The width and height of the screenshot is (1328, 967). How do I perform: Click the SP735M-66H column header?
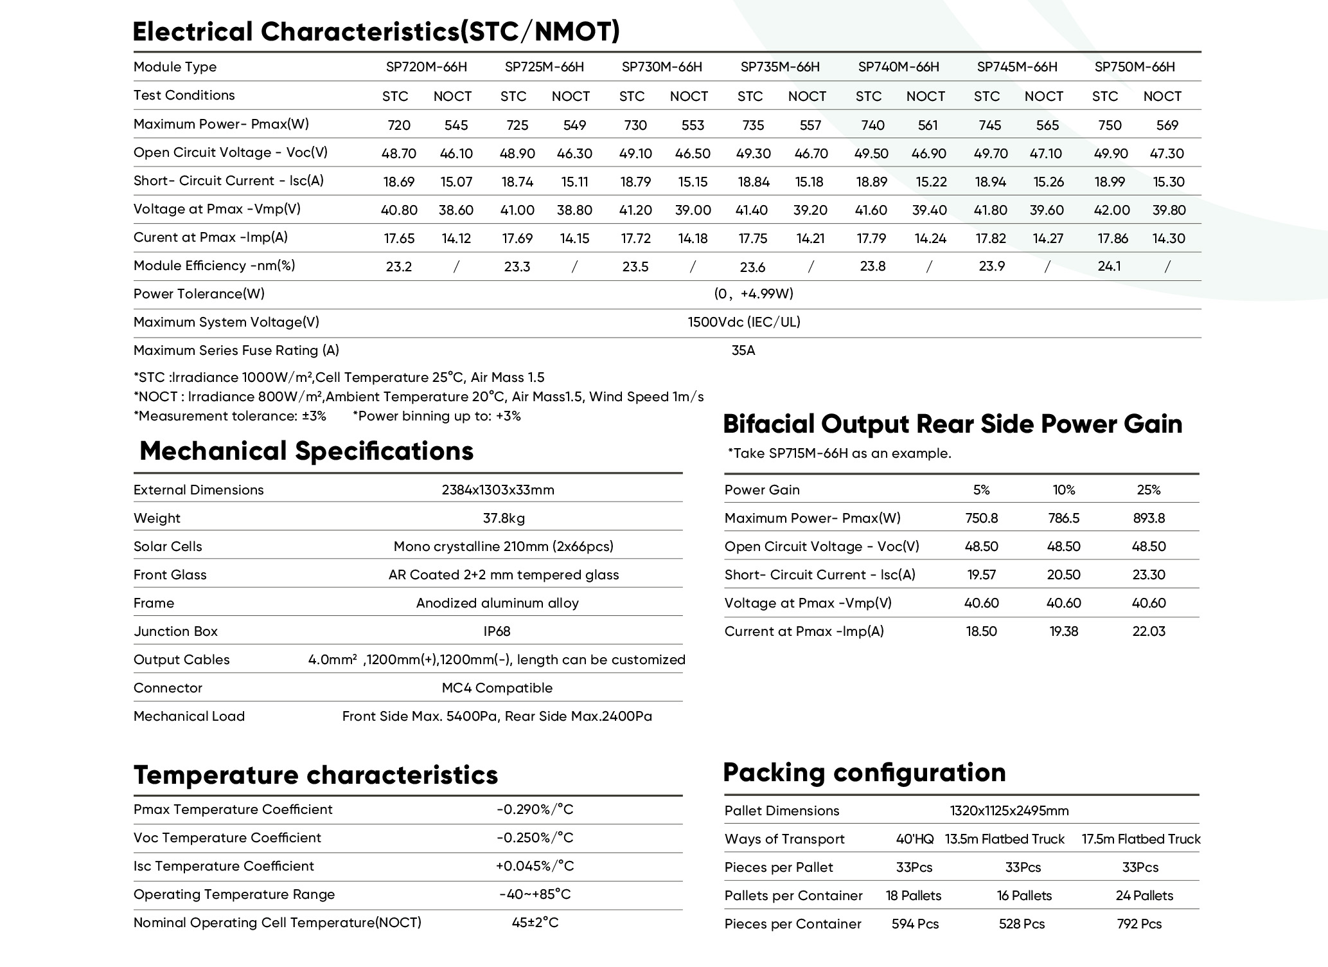780,67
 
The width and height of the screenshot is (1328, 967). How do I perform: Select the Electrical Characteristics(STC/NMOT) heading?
376,32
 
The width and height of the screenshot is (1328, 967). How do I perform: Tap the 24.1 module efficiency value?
1109,266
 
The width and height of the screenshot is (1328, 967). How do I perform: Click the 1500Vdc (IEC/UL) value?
744,322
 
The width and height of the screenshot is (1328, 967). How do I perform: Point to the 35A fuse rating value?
743,350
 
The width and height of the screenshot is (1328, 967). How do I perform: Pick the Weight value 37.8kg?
504,518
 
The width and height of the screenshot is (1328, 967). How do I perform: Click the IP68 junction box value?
497,631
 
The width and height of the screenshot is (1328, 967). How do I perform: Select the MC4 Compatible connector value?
497,688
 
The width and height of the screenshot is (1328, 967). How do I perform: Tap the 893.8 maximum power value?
1149,518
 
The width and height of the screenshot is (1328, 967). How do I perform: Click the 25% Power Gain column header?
1149,490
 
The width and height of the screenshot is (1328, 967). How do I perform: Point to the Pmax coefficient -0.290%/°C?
535,809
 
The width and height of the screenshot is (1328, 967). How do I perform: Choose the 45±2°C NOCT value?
535,923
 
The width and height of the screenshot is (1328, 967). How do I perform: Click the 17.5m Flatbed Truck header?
1141,839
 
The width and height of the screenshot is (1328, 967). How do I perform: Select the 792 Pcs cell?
1139,924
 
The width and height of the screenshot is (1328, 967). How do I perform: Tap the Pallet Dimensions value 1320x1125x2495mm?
1009,811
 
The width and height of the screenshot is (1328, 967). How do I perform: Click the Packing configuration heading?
864,773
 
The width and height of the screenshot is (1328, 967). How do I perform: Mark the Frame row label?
154,603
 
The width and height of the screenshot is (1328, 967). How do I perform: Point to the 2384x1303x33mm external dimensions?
498,490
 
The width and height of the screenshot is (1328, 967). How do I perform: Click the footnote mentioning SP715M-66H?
838,453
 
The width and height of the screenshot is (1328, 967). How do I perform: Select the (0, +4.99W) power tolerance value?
754,294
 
